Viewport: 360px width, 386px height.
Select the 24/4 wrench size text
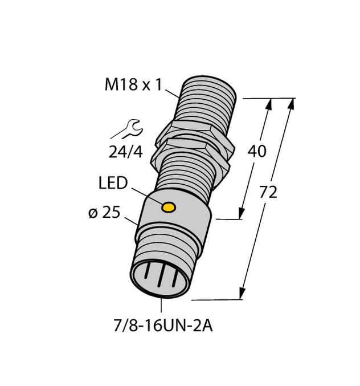126,152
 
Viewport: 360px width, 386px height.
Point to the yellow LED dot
168,207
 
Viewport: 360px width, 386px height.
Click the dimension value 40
257,152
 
